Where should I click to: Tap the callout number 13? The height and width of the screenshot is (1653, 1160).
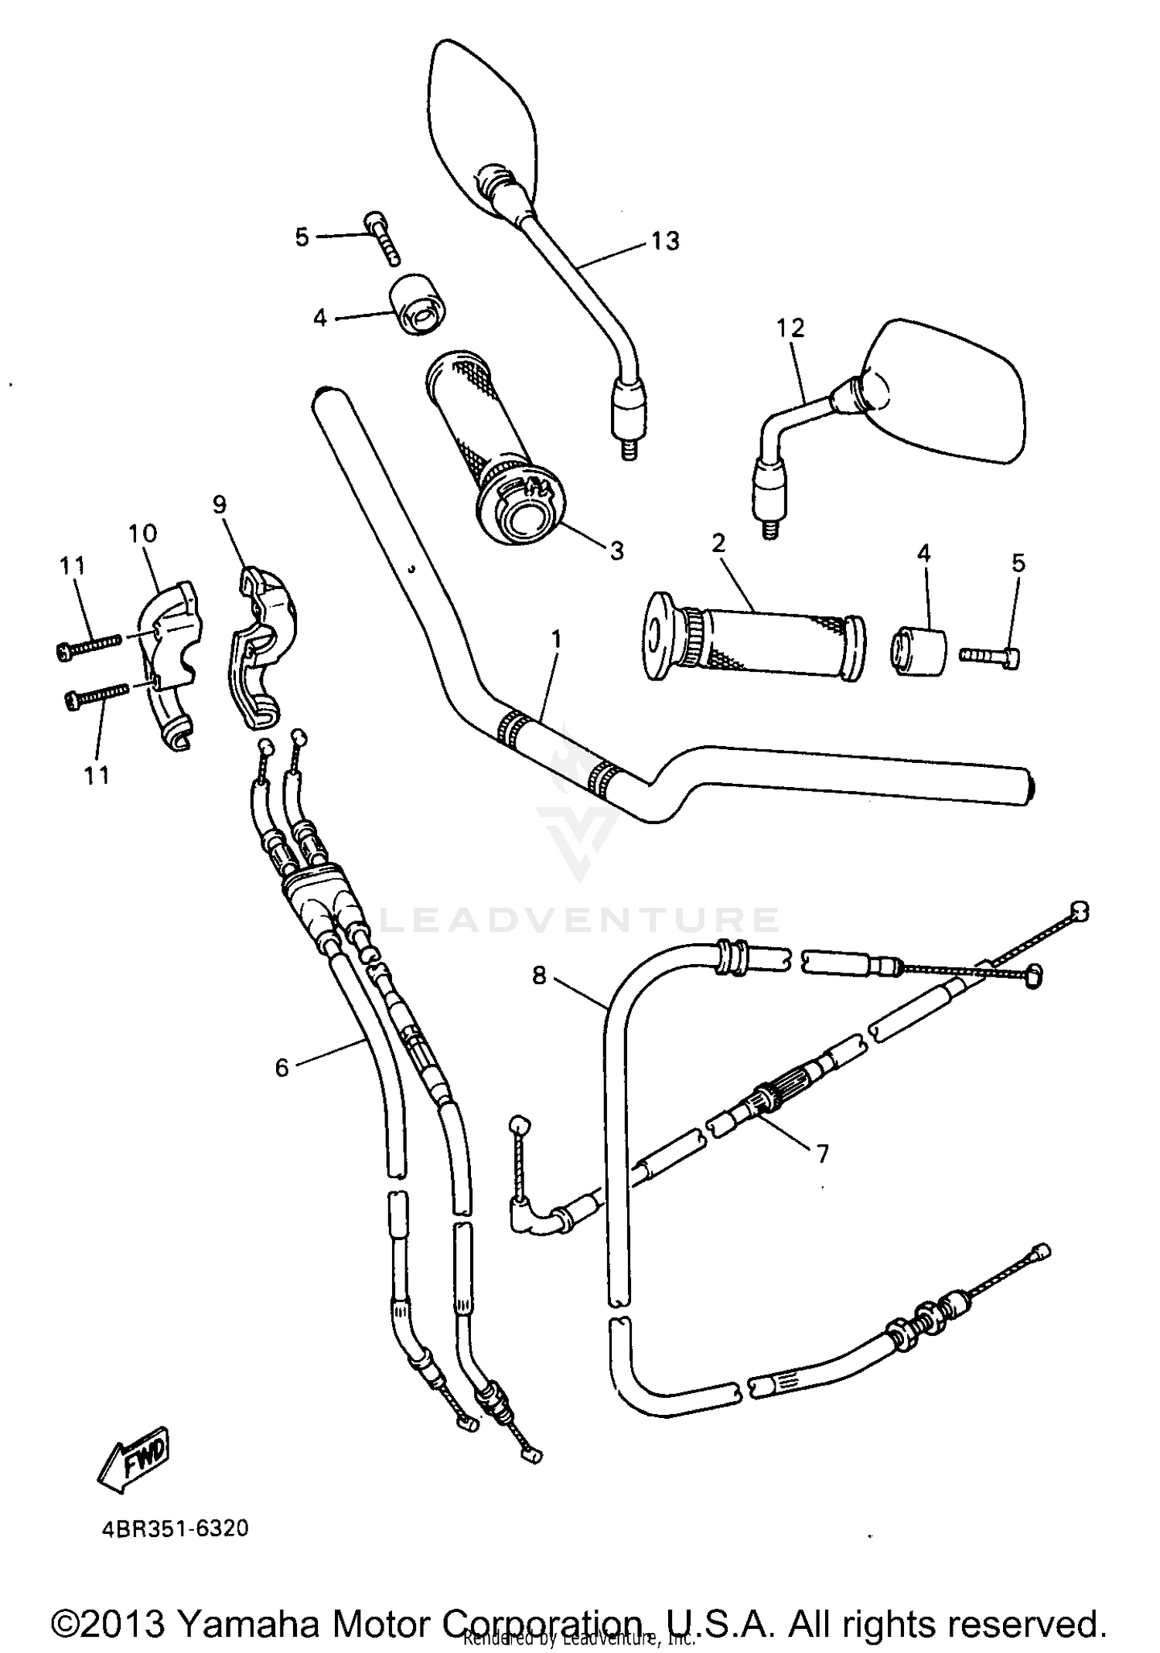[664, 241]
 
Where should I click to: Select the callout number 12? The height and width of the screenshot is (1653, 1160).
[791, 328]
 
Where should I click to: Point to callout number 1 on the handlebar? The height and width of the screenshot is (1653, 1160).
[557, 641]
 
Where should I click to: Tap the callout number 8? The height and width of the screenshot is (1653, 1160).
[539, 976]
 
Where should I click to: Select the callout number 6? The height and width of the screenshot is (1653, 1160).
[281, 1068]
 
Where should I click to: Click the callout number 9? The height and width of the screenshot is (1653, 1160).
[220, 505]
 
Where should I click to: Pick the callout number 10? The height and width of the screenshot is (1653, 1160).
[142, 533]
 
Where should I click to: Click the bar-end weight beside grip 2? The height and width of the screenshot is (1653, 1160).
[920, 653]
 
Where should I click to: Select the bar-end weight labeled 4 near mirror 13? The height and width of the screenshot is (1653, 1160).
[418, 304]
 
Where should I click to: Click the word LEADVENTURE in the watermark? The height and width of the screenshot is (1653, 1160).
[580, 920]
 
